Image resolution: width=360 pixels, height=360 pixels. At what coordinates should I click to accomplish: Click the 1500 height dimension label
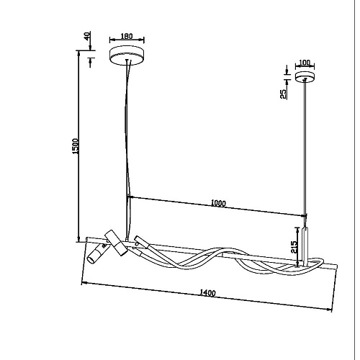click(x=76, y=146)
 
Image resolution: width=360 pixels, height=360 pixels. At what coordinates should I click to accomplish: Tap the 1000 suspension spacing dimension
click(x=218, y=203)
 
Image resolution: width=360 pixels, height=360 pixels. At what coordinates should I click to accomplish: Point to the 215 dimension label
click(x=294, y=247)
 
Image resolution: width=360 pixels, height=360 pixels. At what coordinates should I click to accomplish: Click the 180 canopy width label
click(x=127, y=36)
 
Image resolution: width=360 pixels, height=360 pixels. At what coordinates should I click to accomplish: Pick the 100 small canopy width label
click(x=305, y=63)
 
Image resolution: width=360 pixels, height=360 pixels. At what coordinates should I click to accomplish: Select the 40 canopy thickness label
click(x=88, y=35)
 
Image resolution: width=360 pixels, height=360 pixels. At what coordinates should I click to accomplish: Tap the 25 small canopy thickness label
click(x=284, y=94)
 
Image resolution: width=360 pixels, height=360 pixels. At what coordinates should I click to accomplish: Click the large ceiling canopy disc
click(x=127, y=55)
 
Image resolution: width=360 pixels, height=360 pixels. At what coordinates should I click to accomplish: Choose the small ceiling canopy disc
click(x=305, y=77)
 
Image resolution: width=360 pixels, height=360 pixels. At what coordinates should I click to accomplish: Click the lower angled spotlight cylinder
click(x=96, y=254)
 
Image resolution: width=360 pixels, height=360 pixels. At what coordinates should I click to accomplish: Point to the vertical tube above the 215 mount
click(x=305, y=246)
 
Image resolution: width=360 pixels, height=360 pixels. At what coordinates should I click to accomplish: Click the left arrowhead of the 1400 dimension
click(x=84, y=284)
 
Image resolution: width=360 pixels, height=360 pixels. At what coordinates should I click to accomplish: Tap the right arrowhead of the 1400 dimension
click(x=330, y=310)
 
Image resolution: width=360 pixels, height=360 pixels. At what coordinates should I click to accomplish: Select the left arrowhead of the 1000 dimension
click(x=130, y=197)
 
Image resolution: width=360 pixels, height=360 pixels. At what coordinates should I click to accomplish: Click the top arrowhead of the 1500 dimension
click(x=78, y=53)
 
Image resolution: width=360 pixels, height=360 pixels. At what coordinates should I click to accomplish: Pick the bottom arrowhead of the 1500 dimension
click(x=78, y=240)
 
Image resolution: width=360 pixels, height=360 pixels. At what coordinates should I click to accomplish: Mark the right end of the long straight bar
click(x=337, y=267)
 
